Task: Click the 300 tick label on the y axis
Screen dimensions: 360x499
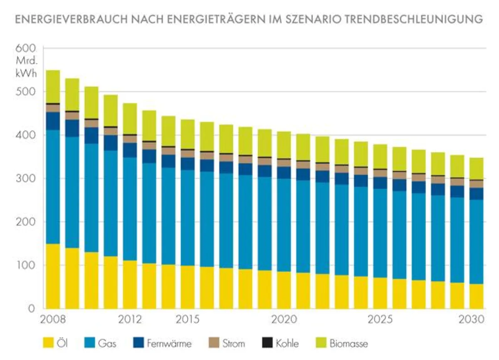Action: point(26,179)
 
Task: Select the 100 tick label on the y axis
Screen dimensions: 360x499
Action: point(26,265)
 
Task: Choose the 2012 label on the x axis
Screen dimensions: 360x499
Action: point(130,320)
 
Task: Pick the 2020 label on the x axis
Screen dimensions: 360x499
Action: point(284,320)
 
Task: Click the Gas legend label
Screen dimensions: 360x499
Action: point(107,343)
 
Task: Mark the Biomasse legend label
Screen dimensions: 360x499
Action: point(348,343)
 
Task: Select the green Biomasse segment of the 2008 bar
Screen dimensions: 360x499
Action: point(53,86)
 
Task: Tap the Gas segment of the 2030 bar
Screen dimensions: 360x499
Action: point(477,242)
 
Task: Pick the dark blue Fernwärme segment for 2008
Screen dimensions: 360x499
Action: point(53,121)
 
